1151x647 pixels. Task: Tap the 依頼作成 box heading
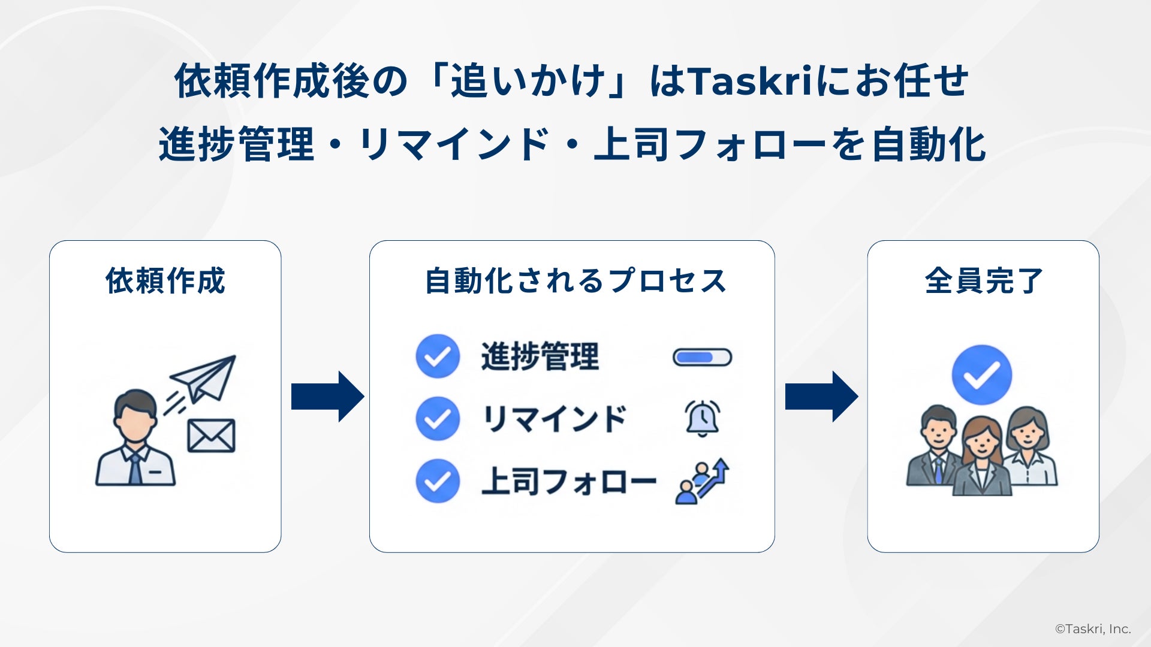click(x=165, y=280)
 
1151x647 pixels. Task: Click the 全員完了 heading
click(x=984, y=280)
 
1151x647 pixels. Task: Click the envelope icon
click(x=211, y=436)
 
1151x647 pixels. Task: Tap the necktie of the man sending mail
click(x=135, y=467)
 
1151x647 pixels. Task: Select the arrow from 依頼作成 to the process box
click(x=327, y=396)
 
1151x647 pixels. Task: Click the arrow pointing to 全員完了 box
click(x=821, y=396)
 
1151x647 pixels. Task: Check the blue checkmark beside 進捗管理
click(x=438, y=356)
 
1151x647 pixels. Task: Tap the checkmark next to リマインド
click(x=438, y=419)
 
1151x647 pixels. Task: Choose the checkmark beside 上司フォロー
click(x=438, y=480)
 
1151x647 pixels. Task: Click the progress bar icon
click(x=702, y=357)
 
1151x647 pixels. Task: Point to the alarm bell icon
click(x=702, y=418)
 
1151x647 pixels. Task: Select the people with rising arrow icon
click(x=702, y=482)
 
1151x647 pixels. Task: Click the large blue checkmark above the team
click(x=981, y=375)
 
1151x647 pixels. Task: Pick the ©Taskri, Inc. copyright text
click(x=1093, y=629)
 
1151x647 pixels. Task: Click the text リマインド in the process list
click(x=554, y=419)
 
